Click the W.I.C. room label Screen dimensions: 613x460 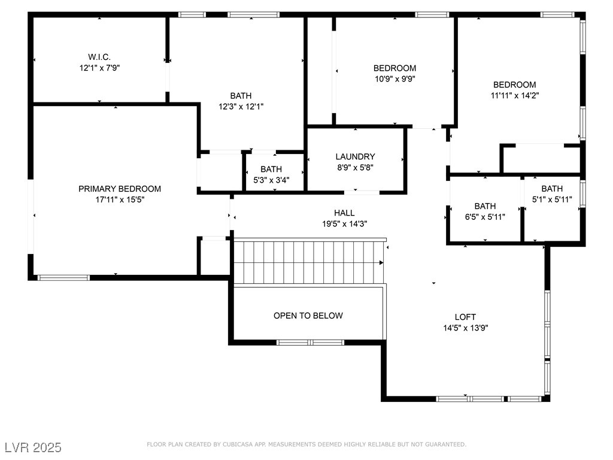[x=99, y=57]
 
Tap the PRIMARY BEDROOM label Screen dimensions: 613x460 [x=120, y=189]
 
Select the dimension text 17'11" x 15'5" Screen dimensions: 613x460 [x=120, y=200]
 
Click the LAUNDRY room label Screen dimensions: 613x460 [x=356, y=157]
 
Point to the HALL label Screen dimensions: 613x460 [x=344, y=213]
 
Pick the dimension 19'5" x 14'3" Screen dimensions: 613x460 [x=344, y=224]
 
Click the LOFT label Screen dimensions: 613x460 [x=465, y=317]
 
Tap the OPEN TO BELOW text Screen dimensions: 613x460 [x=308, y=316]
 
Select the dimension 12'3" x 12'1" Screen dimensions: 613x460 [x=241, y=107]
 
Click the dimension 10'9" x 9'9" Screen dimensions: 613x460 [x=395, y=79]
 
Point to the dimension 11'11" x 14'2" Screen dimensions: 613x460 [x=515, y=95]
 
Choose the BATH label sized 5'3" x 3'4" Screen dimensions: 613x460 [x=271, y=170]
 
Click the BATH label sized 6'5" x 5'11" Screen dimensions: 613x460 [x=485, y=206]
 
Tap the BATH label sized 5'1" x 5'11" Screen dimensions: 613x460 [x=552, y=189]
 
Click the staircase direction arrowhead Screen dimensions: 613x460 [x=381, y=263]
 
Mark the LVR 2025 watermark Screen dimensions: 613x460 [x=34, y=447]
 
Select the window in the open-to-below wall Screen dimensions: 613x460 [x=311, y=343]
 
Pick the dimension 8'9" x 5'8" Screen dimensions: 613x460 [x=356, y=168]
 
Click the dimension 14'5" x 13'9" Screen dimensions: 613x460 [x=466, y=328]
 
